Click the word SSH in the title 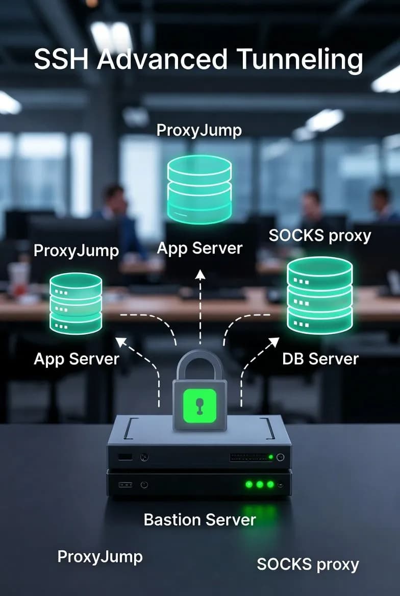[61, 60]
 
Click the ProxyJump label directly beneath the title [199, 130]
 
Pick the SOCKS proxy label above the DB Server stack [319, 235]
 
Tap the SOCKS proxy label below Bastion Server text [308, 564]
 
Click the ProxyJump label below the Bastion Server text [100, 556]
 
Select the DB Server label [320, 359]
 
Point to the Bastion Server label [199, 519]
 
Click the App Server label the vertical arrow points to [199, 249]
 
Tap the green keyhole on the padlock [199, 404]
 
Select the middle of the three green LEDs [260, 484]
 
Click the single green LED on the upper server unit [271, 457]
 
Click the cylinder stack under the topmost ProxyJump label [199, 189]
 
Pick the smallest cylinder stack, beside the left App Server [76, 303]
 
